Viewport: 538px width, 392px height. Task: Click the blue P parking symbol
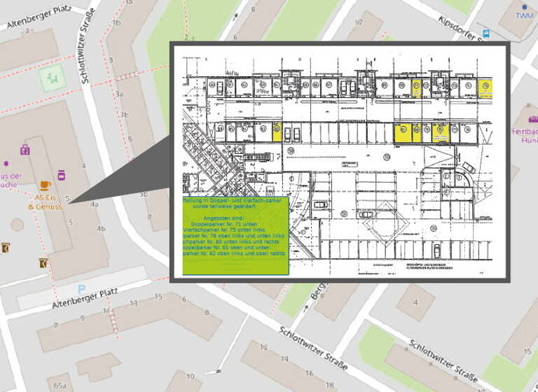click(x=82, y=288)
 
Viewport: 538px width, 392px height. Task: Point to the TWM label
click(x=524, y=15)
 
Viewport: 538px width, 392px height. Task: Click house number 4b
click(x=101, y=228)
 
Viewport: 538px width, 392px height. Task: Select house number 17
click(x=358, y=22)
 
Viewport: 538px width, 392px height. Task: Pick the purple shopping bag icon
click(x=25, y=149)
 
